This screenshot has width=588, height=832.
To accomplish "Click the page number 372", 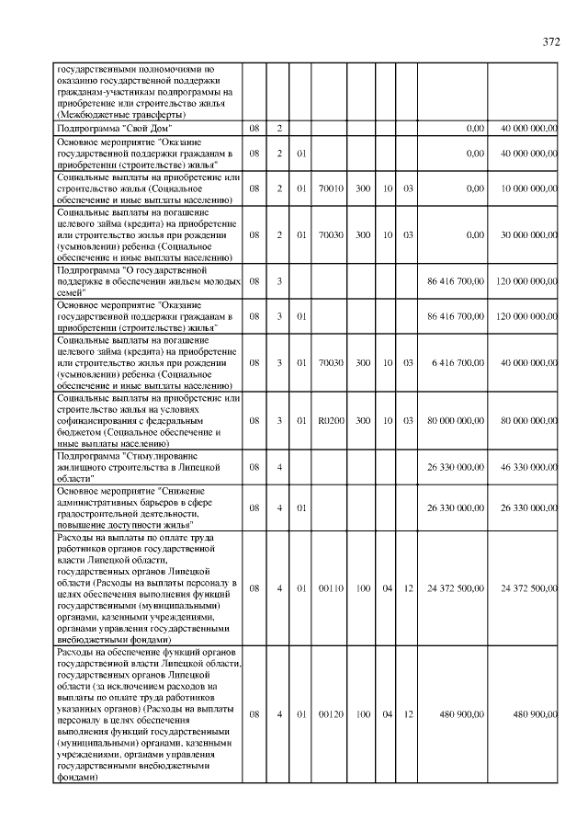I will tap(551, 41).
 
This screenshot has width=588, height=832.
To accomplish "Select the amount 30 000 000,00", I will tap(523, 234).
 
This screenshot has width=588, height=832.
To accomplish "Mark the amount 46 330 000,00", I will tap(523, 467).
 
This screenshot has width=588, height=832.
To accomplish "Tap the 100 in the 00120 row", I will tap(363, 713).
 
